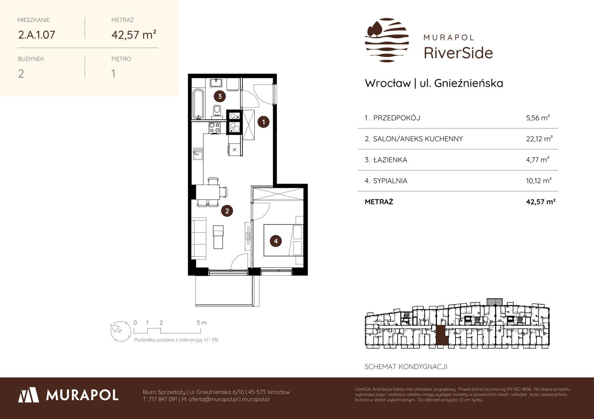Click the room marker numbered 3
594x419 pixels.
(x=220, y=96)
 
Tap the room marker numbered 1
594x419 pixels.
(x=263, y=122)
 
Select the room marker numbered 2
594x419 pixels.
(x=227, y=211)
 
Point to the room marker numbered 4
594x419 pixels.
(x=276, y=241)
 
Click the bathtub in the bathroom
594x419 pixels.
(x=198, y=104)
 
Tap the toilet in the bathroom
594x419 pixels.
(x=217, y=111)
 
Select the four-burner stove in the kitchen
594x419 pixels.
(x=214, y=128)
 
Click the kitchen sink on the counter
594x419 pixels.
(x=197, y=154)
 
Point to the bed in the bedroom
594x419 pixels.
(x=283, y=240)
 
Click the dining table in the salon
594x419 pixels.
(x=208, y=192)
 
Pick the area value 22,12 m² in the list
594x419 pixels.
(x=539, y=139)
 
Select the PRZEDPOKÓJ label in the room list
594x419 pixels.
(x=396, y=118)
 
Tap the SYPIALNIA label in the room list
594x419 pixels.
(x=390, y=181)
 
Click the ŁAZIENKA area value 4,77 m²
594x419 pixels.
(x=538, y=160)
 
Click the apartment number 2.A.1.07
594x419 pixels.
(x=37, y=35)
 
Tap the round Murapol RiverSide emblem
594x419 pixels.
(x=387, y=40)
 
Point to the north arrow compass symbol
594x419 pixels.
(x=121, y=331)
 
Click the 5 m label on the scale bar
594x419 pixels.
(x=202, y=323)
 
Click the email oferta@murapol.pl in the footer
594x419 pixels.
(x=213, y=399)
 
